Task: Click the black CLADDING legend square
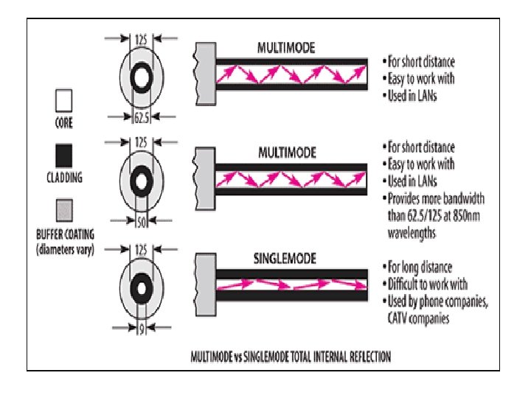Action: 64,155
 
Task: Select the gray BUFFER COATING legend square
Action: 64,211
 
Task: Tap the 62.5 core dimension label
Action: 142,116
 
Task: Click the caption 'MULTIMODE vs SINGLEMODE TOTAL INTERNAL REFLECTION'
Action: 291,356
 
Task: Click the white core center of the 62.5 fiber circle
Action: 142,77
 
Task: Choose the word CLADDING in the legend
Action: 64,177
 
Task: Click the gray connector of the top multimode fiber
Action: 204,72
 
